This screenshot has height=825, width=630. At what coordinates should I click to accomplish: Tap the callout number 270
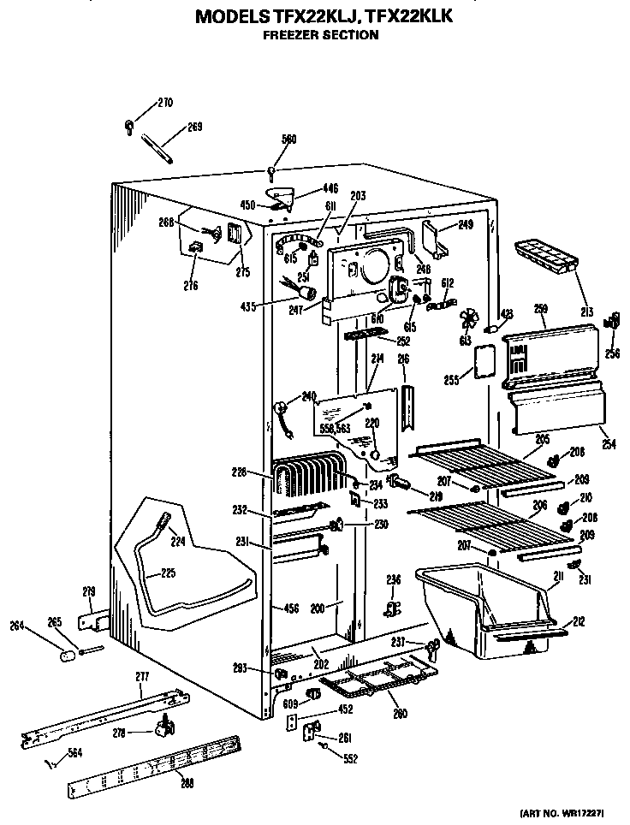click(164, 104)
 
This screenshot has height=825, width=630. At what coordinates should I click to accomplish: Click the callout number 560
click(289, 139)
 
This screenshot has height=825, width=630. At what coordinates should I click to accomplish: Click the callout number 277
click(143, 677)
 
